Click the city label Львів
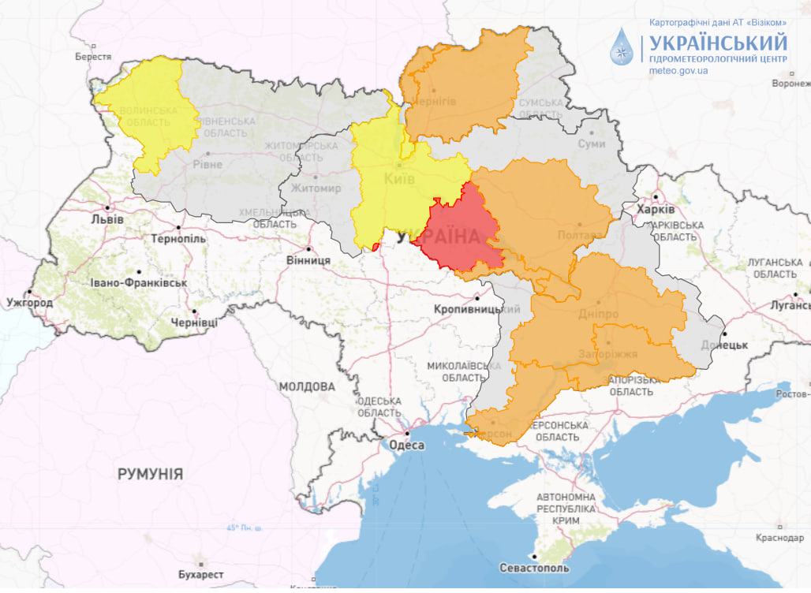[107, 219]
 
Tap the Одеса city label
[407, 446]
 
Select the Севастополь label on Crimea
[534, 568]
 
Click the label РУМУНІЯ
[150, 474]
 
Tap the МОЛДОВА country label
[307, 387]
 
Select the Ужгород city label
[29, 303]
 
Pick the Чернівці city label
[194, 323]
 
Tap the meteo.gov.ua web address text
[678, 71]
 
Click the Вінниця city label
[308, 260]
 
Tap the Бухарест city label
[201, 575]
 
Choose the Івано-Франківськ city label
[139, 282]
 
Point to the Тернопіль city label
[178, 239]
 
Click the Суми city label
[591, 144]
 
